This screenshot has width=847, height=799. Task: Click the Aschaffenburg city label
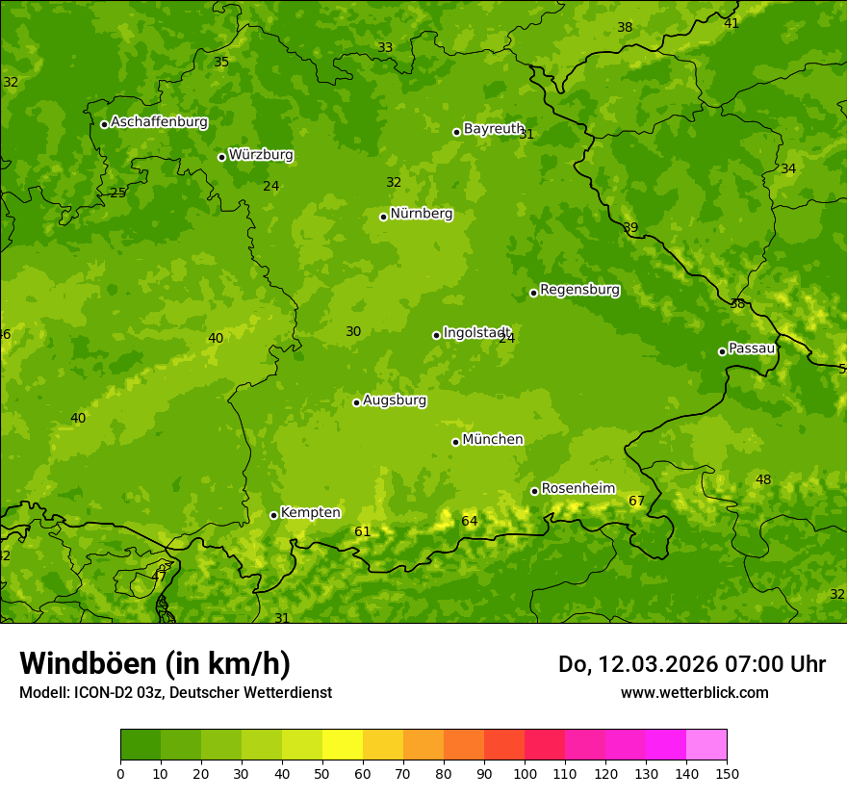(159, 122)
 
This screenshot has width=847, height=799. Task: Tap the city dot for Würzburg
(221, 157)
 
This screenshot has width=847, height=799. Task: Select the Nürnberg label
(421, 214)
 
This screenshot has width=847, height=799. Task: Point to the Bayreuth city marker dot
(457, 132)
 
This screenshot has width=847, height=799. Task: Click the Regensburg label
(579, 290)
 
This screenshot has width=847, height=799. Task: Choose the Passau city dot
(722, 351)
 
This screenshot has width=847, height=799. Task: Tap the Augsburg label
(395, 400)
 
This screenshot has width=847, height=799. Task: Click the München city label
(493, 440)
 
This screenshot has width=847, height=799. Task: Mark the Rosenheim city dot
(534, 492)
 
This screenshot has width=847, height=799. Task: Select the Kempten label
(310, 513)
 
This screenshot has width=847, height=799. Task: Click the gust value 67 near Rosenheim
(636, 502)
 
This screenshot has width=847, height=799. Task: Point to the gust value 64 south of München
(469, 522)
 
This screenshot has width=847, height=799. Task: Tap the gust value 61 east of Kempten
(362, 532)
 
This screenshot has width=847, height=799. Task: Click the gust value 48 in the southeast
(763, 480)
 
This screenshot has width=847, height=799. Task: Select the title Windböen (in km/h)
(155, 663)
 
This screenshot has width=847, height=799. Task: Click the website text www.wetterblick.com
(694, 692)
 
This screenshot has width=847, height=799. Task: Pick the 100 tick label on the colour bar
(525, 773)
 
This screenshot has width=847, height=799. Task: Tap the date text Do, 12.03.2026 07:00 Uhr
(691, 664)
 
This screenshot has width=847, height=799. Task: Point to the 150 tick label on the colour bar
(727, 773)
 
